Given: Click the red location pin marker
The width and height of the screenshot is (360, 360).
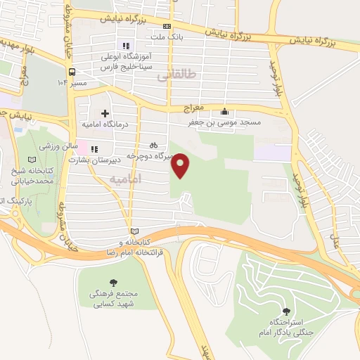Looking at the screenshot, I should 181,165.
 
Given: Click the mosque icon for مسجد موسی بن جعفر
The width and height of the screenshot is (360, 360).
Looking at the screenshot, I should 224,111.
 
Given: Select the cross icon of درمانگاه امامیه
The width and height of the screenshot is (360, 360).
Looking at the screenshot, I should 105,113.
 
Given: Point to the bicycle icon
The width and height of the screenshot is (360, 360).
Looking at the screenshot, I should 154,145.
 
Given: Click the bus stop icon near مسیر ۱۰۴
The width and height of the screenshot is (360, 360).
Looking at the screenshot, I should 72,72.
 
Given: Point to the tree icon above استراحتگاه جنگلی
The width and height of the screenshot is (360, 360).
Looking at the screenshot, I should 285,311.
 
